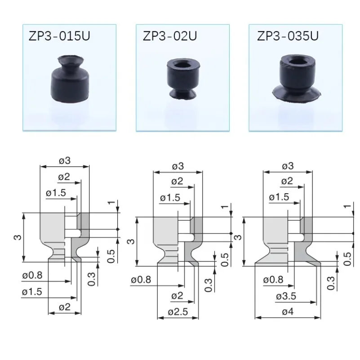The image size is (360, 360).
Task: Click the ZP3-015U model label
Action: coord(59,36)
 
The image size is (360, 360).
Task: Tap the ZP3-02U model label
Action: coord(170,36)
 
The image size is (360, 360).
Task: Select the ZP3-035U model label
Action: coord(288,36)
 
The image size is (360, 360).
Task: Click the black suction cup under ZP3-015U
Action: coord(70,79)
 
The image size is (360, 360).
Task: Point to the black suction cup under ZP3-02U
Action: coord(183,79)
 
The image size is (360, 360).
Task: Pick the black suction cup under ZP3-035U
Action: coord(296,78)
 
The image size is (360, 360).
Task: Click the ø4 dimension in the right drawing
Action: coord(288,312)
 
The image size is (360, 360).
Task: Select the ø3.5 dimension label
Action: coord(286,296)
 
